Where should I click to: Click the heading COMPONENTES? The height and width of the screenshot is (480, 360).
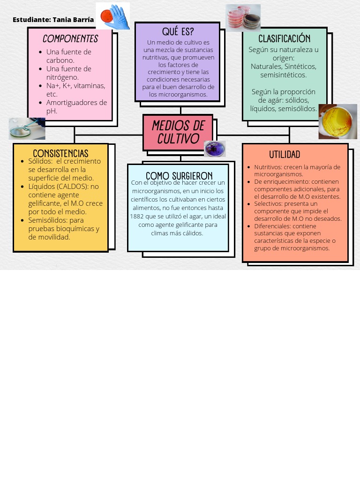[70, 39]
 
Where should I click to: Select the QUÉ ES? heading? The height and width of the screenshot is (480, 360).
[178, 32]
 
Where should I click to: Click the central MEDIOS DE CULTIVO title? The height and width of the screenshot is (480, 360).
[178, 132]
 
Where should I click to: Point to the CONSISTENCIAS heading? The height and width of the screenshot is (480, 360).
[60, 153]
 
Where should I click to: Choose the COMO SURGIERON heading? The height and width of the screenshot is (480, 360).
[179, 176]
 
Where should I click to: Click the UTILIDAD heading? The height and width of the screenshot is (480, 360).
[285, 155]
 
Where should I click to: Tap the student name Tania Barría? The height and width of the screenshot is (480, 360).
[73, 20]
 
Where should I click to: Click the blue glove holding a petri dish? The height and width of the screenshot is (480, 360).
[113, 16]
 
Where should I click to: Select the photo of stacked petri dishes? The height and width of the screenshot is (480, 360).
[243, 18]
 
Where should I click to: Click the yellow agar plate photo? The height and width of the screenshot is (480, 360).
[337, 122]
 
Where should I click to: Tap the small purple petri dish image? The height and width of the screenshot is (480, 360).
[215, 149]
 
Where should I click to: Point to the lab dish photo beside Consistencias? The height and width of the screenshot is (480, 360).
[27, 128]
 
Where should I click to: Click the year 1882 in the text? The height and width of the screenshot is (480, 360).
[137, 216]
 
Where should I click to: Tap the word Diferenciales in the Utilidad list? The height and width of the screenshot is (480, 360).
[272, 226]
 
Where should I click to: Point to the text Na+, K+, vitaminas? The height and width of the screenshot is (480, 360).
[76, 86]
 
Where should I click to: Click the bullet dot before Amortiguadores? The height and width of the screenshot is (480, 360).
[41, 103]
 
